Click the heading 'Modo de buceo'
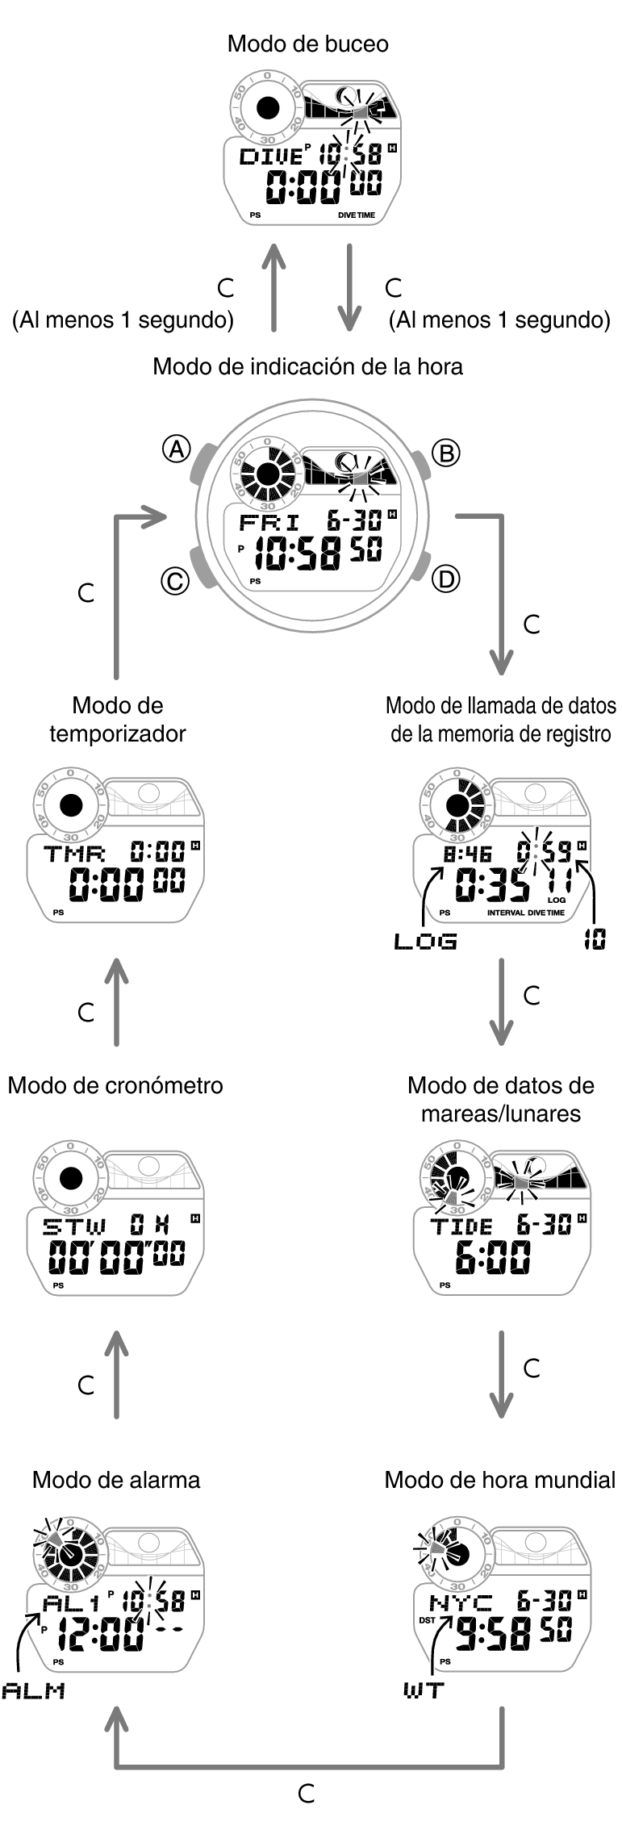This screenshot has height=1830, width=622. point(307,44)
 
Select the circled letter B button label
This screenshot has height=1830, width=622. point(445,453)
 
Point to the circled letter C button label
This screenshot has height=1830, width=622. point(175,580)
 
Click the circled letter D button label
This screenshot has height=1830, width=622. point(445,578)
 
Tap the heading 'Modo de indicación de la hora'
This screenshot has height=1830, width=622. point(307,367)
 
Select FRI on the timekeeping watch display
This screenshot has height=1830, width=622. point(269,521)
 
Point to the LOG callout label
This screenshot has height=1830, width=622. point(425,941)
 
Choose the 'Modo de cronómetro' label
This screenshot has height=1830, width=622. point(115,1085)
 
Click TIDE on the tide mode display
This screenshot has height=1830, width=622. point(461,1227)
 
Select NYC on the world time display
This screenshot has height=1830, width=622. point(460,1602)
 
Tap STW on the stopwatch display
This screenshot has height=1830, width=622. point(74,1227)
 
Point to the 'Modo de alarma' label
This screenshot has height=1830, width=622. point(116,1480)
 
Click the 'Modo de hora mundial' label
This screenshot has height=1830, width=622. point(499,1480)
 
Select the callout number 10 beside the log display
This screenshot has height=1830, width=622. point(595,939)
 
